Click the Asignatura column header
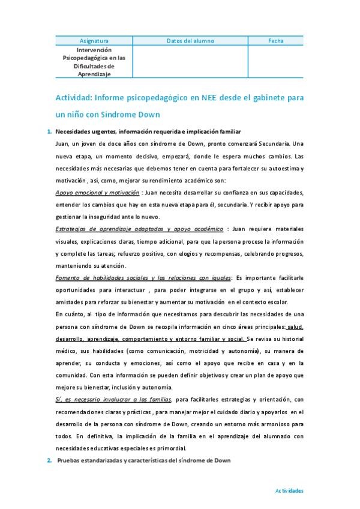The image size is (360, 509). point(94,41)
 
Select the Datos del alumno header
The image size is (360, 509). point(190,41)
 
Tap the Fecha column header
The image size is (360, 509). point(276,41)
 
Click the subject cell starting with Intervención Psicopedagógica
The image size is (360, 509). point(94,62)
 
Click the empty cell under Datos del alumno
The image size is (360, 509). point(190,62)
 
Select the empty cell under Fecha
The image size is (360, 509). point(276,62)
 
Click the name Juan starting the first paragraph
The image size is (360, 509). point(61,143)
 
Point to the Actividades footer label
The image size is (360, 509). point(289,490)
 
